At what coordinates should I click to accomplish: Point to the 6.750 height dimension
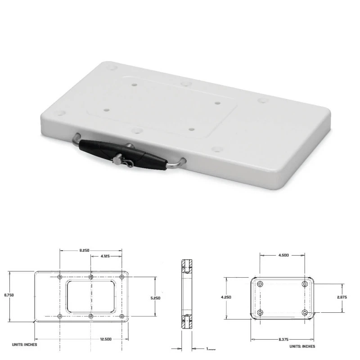coord(9,295)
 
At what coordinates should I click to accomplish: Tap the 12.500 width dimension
coord(107,339)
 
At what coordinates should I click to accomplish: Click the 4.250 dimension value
coord(226,297)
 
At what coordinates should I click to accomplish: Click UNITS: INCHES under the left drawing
coord(24,345)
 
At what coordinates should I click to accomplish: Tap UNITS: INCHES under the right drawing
coord(303,346)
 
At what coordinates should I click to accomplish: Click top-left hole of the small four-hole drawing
coord(260,284)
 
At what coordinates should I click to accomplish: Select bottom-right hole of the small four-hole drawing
coord(305,312)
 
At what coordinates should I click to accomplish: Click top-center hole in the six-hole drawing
coord(91,277)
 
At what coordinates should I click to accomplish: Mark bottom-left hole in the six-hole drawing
coord(60,316)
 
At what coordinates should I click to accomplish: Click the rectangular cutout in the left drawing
coord(91,297)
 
